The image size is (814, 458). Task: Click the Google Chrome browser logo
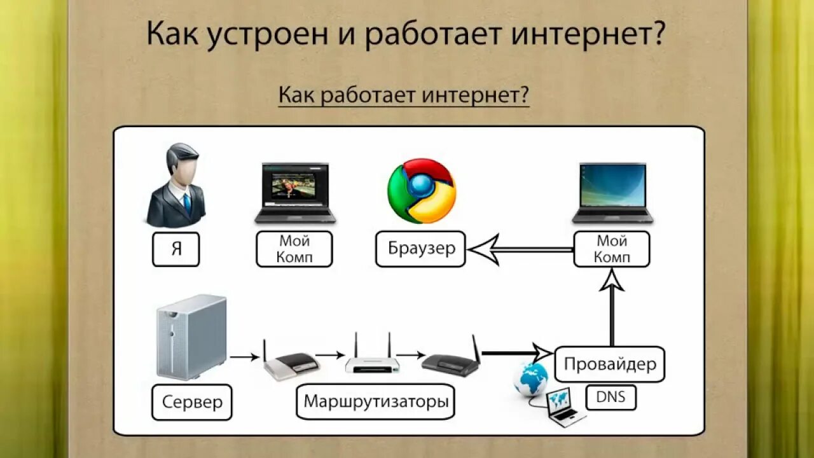(x=421, y=190)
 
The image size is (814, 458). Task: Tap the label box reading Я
(x=176, y=249)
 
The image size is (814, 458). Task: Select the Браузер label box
(x=421, y=248)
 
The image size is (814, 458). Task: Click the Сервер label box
(x=192, y=402)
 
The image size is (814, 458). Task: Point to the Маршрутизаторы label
(x=375, y=401)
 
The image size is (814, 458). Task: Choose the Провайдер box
(x=610, y=364)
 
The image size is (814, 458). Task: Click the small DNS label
(x=610, y=398)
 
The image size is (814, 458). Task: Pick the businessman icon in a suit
(x=176, y=185)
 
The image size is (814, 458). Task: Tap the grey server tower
(x=191, y=337)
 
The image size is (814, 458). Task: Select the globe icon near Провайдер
(x=530, y=379)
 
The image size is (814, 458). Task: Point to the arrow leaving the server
(x=244, y=357)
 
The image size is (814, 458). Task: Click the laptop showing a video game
(x=295, y=193)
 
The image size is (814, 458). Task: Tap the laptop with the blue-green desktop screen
(x=612, y=193)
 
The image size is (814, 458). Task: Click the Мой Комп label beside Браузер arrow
(x=612, y=249)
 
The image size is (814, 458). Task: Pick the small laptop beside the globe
(x=563, y=408)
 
